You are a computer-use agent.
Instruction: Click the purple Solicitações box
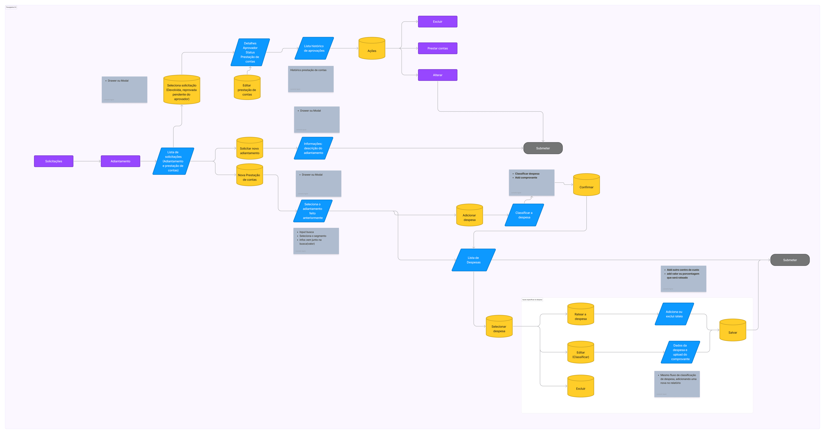pyautogui.click(x=54, y=161)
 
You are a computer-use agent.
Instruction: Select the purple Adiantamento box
pyautogui.click(x=120, y=161)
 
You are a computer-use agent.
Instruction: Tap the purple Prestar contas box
pyautogui.click(x=437, y=48)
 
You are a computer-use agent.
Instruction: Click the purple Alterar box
pyautogui.click(x=437, y=75)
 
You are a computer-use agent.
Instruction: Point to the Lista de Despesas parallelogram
pyautogui.click(x=473, y=260)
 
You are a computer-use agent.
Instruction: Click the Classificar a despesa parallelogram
pyautogui.click(x=524, y=215)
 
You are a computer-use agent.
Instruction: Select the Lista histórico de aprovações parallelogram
pyautogui.click(x=314, y=48)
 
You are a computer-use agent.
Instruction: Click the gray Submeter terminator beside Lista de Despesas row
pyautogui.click(x=790, y=260)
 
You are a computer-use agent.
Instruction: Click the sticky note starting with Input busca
pyautogui.click(x=316, y=241)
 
